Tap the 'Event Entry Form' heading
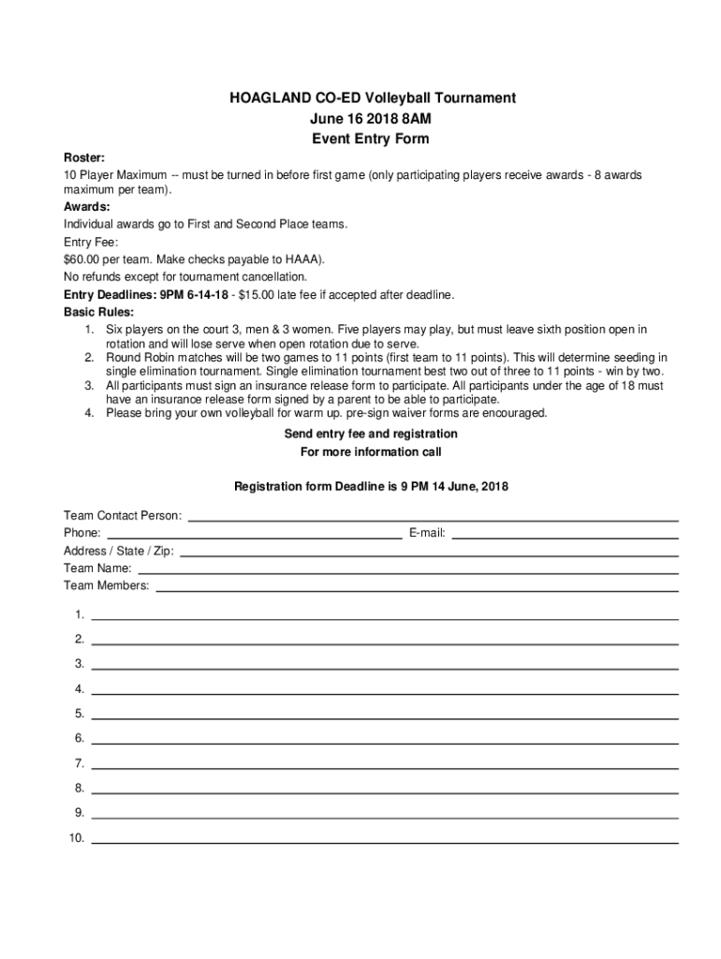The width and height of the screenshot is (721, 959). (x=370, y=139)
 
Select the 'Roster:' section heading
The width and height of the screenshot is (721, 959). (x=84, y=158)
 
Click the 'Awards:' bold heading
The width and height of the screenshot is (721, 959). (x=87, y=206)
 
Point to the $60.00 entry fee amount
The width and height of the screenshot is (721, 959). (x=84, y=258)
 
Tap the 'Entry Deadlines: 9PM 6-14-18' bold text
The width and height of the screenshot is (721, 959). (x=146, y=294)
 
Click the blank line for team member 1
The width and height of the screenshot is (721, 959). (x=384, y=619)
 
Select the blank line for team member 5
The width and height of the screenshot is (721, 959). (x=384, y=717)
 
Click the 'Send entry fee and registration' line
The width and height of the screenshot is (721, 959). (x=371, y=434)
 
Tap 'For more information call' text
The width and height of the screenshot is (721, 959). (x=370, y=451)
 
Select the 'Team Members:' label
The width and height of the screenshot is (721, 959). (x=106, y=585)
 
